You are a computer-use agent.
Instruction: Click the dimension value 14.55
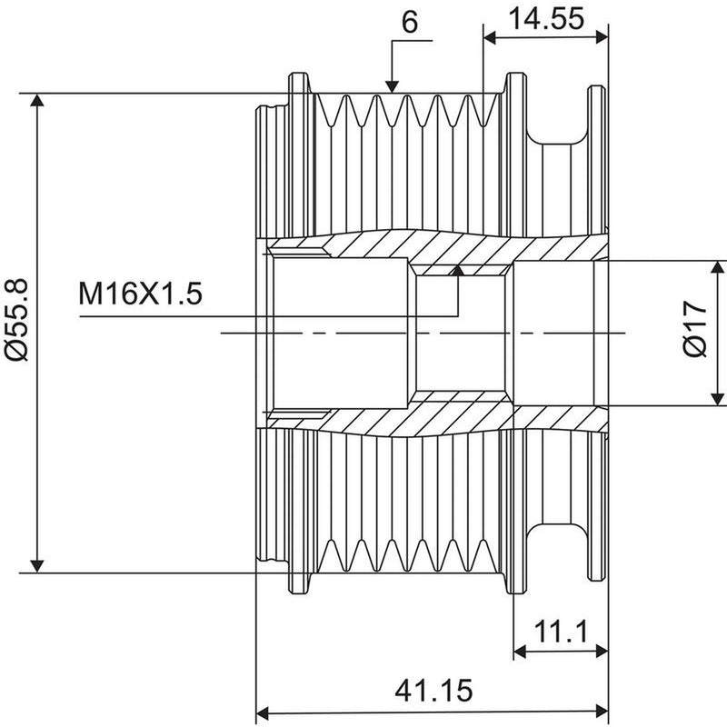tap(547, 19)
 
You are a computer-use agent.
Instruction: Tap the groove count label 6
tap(410, 22)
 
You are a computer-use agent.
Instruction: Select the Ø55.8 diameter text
tap(17, 320)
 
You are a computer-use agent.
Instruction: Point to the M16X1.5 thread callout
tap(141, 294)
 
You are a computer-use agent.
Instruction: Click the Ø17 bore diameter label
tap(695, 328)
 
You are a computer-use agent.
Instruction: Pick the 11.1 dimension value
tap(561, 632)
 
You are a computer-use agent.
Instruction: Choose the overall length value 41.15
tap(433, 691)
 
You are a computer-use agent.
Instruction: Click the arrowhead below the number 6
tap(392, 86)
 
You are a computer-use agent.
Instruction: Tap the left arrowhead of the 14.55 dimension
tap(490, 38)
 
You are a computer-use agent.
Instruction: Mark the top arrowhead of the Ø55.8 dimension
tap(36, 100)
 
